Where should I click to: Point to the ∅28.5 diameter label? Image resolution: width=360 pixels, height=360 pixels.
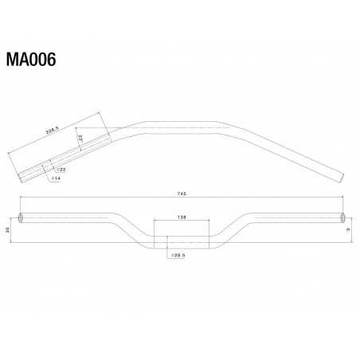point(177,255)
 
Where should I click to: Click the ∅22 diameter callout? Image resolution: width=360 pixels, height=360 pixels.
point(61,170)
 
